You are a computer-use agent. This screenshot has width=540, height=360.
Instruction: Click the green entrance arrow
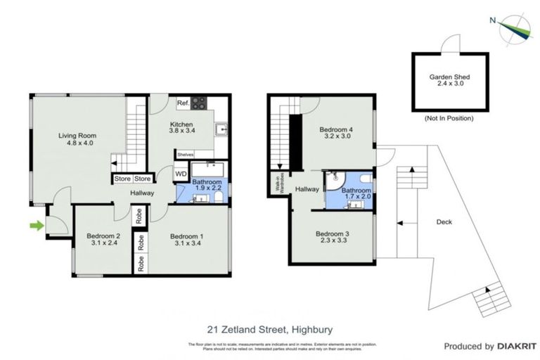[x=34, y=225]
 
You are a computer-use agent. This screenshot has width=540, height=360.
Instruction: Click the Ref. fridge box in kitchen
[x=182, y=103]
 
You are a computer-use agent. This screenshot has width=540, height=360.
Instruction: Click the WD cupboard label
[x=181, y=174]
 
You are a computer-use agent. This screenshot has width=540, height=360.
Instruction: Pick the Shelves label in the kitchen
[x=185, y=155]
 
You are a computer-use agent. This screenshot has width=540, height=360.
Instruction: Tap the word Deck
[x=444, y=222]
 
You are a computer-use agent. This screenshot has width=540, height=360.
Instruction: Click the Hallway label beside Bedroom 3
[x=307, y=189]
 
